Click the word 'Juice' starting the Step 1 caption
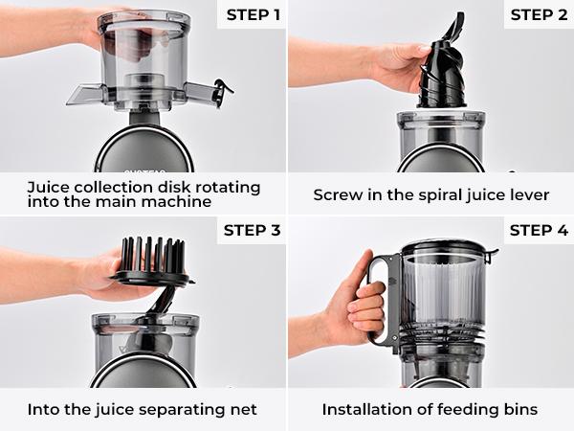pyautogui.click(x=48, y=187)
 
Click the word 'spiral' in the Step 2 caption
pyautogui.click(x=433, y=194)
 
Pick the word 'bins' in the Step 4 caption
pyautogui.click(x=518, y=410)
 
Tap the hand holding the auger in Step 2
pyautogui.click(x=392, y=67)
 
